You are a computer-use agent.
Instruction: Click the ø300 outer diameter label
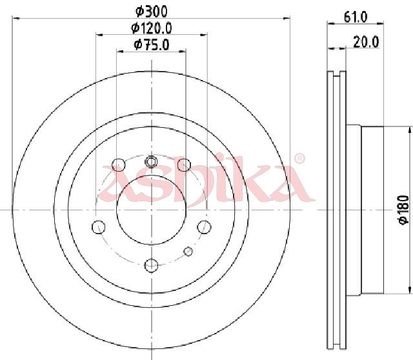coord(152,12)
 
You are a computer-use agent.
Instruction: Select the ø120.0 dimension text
coord(152,28)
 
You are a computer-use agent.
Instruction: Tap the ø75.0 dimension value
coord(152,45)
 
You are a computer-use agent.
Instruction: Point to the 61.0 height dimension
coord(356,17)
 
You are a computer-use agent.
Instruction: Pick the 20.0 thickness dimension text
coord(366,42)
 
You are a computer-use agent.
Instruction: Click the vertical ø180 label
coord(404,210)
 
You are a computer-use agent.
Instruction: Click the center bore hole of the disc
coord(152,210)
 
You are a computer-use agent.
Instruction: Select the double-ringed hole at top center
coord(151,161)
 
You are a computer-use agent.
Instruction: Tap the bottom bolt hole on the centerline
coord(151,265)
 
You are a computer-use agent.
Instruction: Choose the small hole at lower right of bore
coord(188,251)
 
